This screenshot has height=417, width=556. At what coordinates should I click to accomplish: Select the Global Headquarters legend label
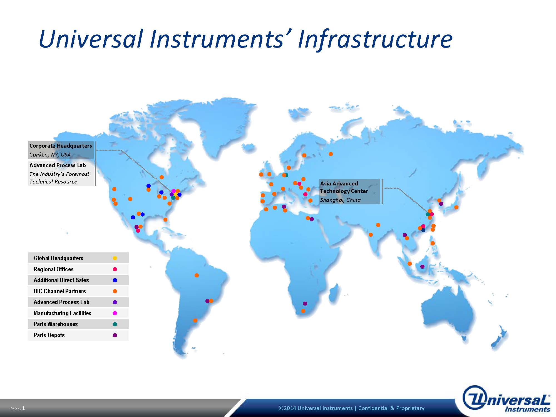[58, 258]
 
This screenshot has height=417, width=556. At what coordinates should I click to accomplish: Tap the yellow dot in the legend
[115, 258]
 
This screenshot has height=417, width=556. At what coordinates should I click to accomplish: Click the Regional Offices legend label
[53, 269]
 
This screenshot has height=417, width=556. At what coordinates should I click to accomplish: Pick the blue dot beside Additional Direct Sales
[115, 280]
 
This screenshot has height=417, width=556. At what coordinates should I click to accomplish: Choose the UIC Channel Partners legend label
[59, 291]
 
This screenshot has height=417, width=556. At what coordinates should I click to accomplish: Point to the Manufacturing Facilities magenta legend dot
[115, 313]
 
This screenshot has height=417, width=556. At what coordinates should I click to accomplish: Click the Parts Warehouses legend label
[56, 324]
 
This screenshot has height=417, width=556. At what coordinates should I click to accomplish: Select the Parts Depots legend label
[49, 335]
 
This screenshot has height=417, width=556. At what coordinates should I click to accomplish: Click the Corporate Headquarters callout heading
[61, 146]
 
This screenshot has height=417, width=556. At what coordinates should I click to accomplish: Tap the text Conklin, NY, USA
[50, 155]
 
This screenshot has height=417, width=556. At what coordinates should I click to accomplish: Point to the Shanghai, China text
[340, 200]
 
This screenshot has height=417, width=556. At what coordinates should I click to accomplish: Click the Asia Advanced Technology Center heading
[344, 187]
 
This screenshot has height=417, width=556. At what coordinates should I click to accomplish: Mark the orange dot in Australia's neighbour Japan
[456, 207]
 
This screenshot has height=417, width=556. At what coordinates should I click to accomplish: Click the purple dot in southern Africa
[305, 304]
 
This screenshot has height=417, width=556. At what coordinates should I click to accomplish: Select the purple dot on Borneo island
[422, 267]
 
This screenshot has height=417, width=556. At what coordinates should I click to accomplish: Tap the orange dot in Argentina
[195, 321]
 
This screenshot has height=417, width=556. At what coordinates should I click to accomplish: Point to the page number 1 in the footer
[24, 408]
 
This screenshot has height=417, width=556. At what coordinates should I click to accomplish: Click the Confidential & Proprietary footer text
[391, 408]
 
